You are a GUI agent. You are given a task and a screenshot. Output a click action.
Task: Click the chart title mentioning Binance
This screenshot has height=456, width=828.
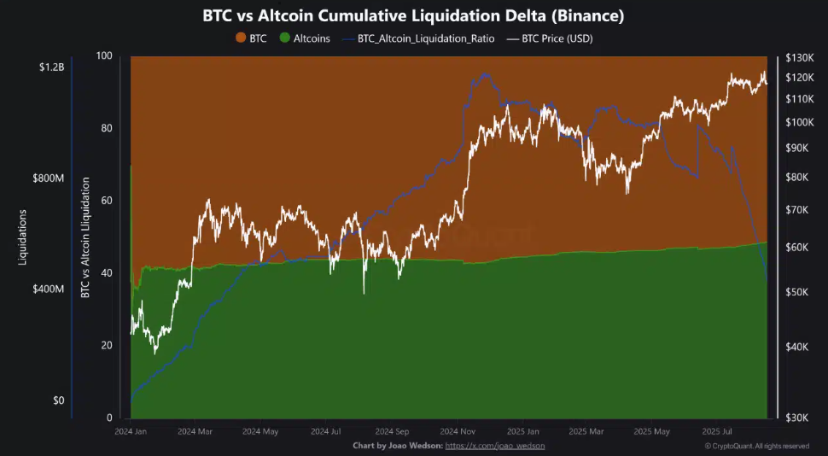[x=413, y=15]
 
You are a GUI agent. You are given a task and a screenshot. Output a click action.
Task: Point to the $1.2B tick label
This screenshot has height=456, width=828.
[x=50, y=67]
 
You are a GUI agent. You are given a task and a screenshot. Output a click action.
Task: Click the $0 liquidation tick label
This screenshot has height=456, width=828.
[x=57, y=400]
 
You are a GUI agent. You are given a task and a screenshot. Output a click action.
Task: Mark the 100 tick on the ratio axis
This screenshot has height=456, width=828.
[x=104, y=56]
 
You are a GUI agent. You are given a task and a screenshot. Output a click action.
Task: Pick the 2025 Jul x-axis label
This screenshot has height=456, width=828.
[x=714, y=432]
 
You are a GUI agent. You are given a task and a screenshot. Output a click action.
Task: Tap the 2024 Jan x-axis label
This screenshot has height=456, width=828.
[x=131, y=432]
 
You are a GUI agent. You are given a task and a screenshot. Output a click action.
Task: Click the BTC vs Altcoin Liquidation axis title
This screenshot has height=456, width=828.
[x=85, y=237]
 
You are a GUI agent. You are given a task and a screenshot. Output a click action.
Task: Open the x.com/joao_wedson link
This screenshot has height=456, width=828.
[x=495, y=446]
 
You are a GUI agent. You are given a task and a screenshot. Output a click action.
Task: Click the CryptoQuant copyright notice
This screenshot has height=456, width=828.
[x=756, y=446]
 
